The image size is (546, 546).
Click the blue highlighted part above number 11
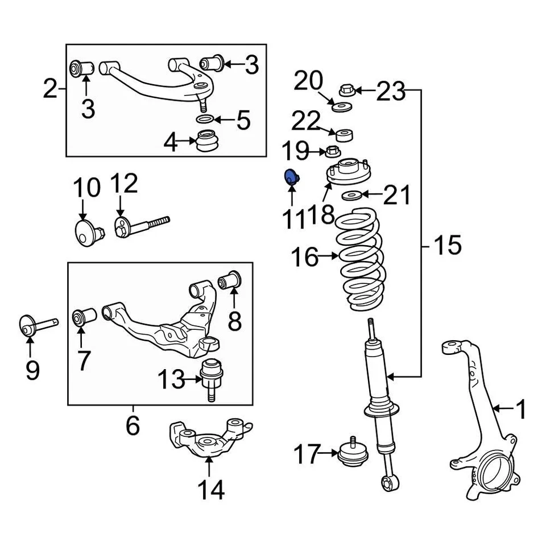pyautogui.click(x=292, y=177)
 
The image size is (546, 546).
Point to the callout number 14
pyautogui.click(x=210, y=489)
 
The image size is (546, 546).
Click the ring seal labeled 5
pyautogui.click(x=205, y=119)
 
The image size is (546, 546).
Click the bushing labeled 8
pyautogui.click(x=232, y=280)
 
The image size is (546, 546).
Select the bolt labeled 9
pyautogui.click(x=34, y=325)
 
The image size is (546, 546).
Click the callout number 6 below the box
pyautogui.click(x=133, y=425)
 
